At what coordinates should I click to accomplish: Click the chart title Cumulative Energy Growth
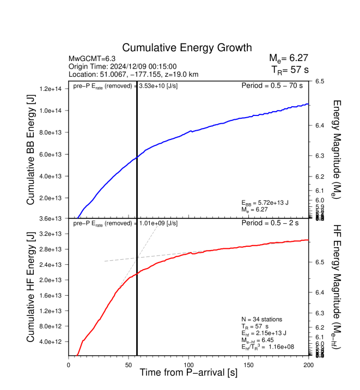pos(187,47)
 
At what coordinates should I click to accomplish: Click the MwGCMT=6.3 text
pos(90,58)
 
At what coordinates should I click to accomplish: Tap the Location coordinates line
pos(133,74)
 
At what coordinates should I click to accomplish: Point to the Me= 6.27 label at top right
pos(289,58)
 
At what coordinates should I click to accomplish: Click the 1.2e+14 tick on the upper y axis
pos(52,89)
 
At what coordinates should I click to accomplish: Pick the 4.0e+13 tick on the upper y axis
pos(52,176)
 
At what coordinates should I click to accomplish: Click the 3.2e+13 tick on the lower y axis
pos(52,234)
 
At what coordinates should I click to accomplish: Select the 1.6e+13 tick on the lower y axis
pos(52,295)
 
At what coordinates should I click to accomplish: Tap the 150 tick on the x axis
pos(248,365)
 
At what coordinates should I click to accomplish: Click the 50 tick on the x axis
pos(129,365)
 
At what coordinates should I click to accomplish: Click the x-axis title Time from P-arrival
pos(188,373)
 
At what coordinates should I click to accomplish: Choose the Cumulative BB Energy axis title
pos(31,149)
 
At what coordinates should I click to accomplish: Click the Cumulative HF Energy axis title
pos(31,287)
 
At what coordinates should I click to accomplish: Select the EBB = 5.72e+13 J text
pos(269,202)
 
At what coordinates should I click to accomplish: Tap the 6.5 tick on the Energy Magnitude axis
pos(320,81)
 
